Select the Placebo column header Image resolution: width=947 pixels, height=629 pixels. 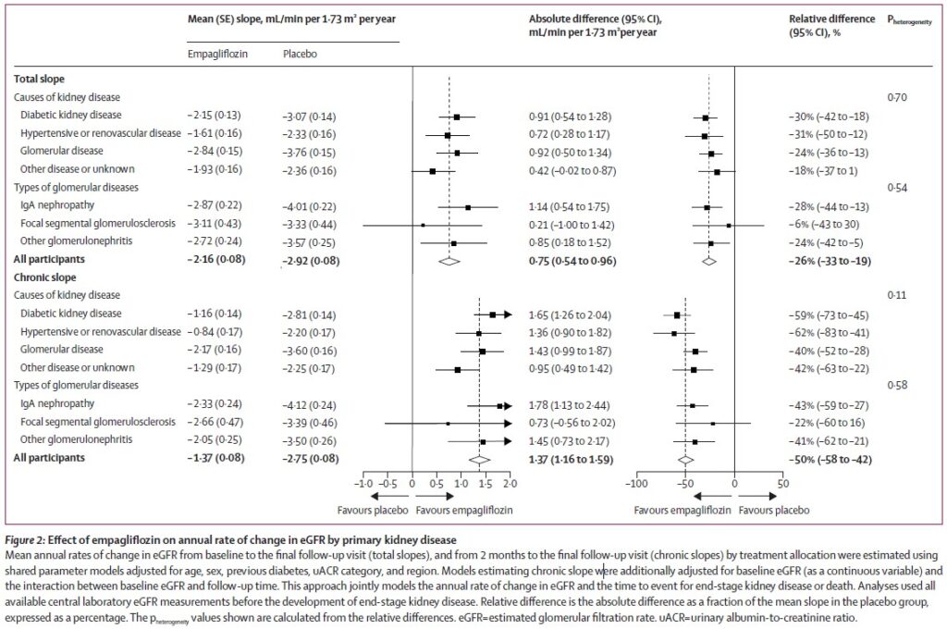tap(298, 54)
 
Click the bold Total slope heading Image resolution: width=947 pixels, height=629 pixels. tap(40, 80)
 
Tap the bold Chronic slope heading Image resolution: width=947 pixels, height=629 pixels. tap(45, 277)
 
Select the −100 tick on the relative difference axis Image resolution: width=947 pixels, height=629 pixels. tap(635, 484)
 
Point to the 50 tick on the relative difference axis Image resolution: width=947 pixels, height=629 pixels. tap(782, 484)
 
